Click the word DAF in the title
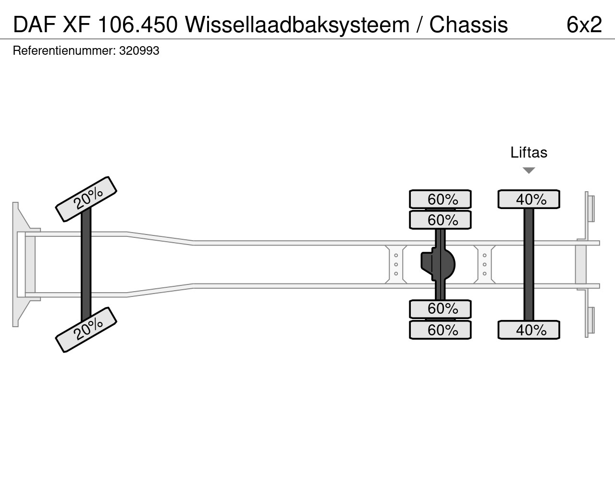34,25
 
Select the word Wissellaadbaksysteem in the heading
297,25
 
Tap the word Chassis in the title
468,25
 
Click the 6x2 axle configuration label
584,25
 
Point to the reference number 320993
139,51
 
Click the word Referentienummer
64,51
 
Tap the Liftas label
529,152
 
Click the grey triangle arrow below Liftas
529,171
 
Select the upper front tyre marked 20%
86,199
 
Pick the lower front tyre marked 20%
86,330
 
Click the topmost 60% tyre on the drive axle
440,199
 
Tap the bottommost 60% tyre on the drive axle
440,330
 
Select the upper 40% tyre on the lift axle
529,199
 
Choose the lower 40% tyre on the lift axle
529,330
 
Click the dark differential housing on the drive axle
438,264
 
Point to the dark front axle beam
86,264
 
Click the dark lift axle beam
529,264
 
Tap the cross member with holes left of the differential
396,264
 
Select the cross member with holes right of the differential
485,264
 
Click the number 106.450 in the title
137,25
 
